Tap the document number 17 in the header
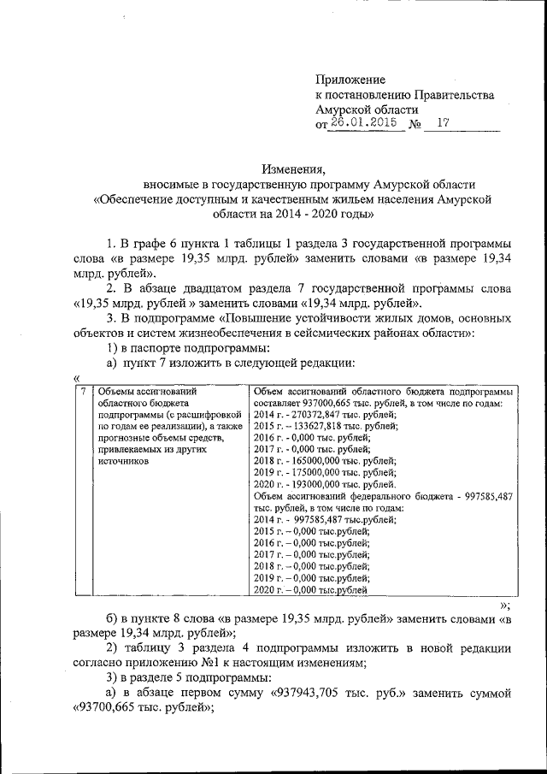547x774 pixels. [x=442, y=123]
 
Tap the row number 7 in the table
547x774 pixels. [x=82, y=391]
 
